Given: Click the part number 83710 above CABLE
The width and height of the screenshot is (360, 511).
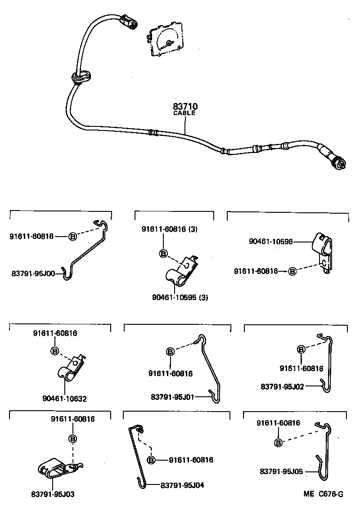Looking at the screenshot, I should tap(185, 107).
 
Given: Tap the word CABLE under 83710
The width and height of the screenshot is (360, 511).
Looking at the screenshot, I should tap(184, 113).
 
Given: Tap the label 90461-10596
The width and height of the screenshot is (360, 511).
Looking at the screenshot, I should tap(270, 242).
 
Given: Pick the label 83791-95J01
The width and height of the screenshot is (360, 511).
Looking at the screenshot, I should tap(172, 396).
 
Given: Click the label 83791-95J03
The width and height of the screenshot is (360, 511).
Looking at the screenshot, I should tap(53, 494).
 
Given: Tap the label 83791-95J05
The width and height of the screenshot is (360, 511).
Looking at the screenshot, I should tap(281, 471).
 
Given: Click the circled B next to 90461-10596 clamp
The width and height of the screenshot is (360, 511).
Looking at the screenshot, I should tap(292, 271).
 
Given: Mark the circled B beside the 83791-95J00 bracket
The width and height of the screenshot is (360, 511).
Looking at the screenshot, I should tap(72, 236).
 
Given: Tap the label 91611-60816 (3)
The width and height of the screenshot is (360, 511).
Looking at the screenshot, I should tap(170, 229).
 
